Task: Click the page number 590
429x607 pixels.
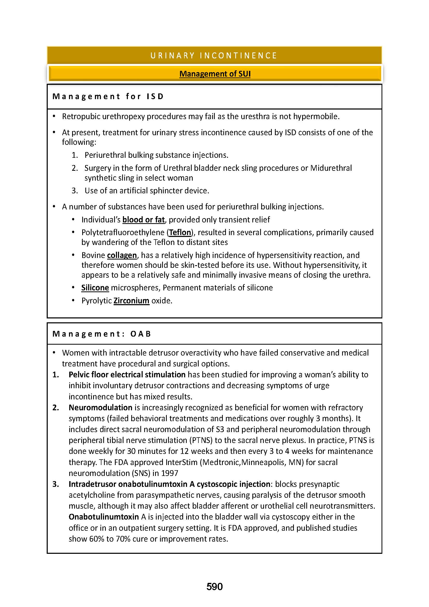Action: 214,587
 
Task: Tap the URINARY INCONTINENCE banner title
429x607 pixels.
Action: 214,56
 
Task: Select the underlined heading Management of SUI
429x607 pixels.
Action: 215,74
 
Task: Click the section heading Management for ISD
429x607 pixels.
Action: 108,97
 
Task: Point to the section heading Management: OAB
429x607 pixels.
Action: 102,334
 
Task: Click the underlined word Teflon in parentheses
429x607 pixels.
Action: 180,232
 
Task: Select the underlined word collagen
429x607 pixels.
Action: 122,255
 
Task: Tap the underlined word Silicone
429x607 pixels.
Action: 95,288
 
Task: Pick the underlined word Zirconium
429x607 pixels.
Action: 131,301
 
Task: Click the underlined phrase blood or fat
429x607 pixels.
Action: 143,220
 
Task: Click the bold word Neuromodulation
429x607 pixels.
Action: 100,407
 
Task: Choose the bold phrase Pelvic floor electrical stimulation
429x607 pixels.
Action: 127,375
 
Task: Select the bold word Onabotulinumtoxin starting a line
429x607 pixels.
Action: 103,517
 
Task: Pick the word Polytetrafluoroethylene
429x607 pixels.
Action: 123,232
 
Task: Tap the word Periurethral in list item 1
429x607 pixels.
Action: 105,155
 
